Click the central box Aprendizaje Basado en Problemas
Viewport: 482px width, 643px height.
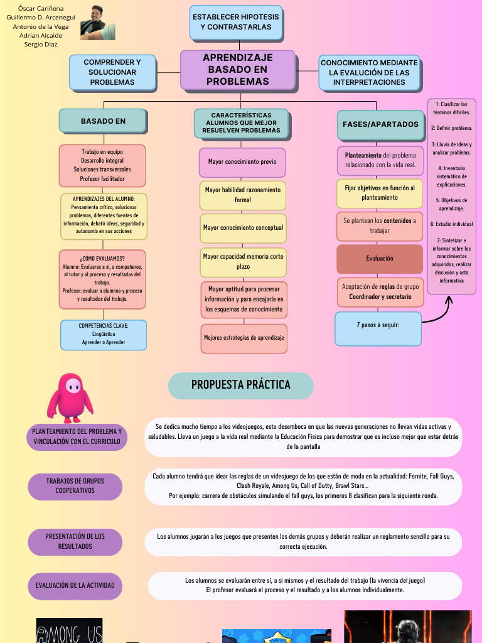pyautogui.click(x=237, y=70)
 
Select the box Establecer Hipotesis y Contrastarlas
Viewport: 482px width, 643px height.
pyautogui.click(x=236, y=22)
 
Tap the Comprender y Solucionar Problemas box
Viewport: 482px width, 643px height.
pyautogui.click(x=112, y=72)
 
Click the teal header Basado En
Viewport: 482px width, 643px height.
pyautogui.click(x=103, y=121)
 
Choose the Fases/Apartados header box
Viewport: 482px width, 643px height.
pyautogui.click(x=380, y=124)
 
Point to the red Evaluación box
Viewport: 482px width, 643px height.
pyautogui.click(x=380, y=259)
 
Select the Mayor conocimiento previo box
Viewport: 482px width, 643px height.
pyautogui.click(x=242, y=162)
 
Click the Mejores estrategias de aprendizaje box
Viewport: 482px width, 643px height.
pyautogui.click(x=244, y=338)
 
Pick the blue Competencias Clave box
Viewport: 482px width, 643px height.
pyautogui.click(x=104, y=335)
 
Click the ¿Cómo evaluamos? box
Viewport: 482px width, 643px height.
pyautogui.click(x=102, y=279)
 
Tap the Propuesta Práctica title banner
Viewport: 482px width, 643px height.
pyautogui.click(x=241, y=386)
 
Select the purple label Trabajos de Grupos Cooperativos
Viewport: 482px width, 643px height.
pyautogui.click(x=75, y=486)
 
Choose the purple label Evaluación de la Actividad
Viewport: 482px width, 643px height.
pyautogui.click(x=75, y=585)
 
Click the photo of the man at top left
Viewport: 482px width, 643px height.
pyautogui.click(x=98, y=22)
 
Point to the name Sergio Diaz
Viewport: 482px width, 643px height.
pyautogui.click(x=41, y=45)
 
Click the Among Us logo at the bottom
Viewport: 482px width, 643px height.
pyautogui.click(x=69, y=631)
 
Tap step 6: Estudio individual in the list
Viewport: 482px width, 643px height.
pyautogui.click(x=451, y=224)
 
